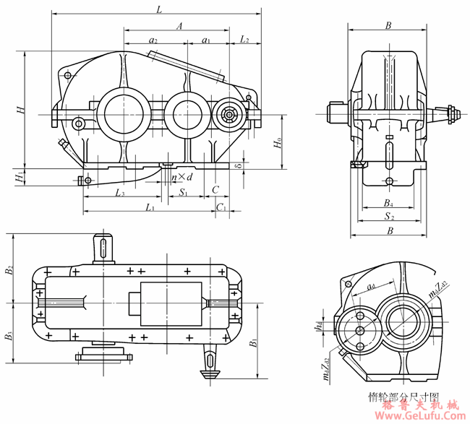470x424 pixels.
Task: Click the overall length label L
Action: pyautogui.click(x=158, y=9)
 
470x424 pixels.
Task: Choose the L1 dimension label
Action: pyautogui.click(x=149, y=207)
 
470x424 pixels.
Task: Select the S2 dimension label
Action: pyautogui.click(x=389, y=216)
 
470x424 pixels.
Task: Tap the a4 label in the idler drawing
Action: pyautogui.click(x=370, y=287)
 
